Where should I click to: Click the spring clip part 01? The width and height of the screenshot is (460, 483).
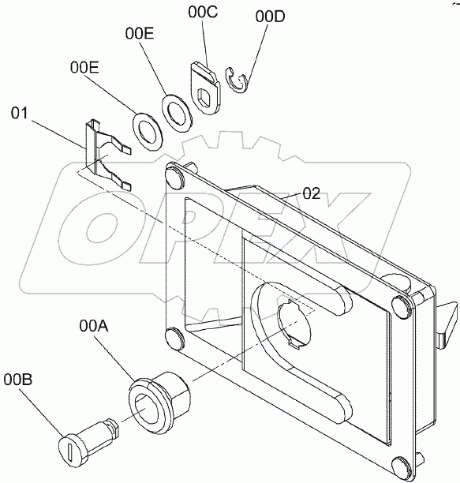coord(105,153)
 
